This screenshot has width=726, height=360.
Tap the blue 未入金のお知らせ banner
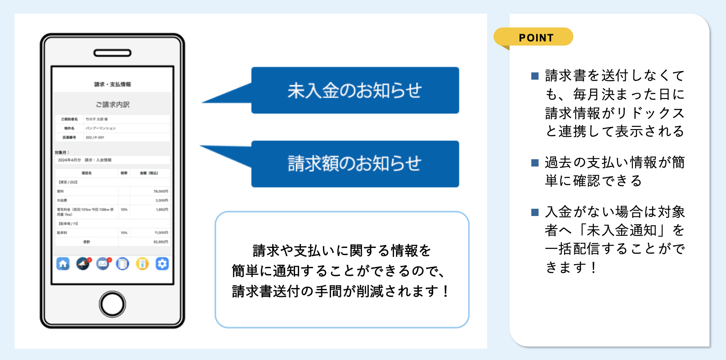point(355,90)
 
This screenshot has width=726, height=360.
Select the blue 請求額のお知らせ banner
point(355,164)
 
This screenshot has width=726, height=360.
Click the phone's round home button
point(112,304)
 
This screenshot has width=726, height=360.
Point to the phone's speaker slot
point(112,53)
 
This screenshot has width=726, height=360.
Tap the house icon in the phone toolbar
point(63,264)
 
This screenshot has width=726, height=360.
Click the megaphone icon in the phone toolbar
point(83,264)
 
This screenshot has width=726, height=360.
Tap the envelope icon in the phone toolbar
point(103,264)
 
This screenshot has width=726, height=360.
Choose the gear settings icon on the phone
point(162,264)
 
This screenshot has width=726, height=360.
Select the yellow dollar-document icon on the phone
point(142,264)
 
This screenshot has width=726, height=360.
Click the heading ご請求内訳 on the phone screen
point(112,104)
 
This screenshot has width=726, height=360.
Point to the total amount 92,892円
point(161,242)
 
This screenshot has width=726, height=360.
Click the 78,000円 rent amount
point(161,191)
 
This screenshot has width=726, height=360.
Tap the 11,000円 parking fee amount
point(161,233)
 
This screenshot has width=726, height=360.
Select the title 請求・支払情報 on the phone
point(112,84)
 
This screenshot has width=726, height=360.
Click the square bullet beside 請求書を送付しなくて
point(535,76)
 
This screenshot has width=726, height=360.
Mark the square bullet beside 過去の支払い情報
point(535,162)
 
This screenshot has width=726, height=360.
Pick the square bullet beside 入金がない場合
point(535,212)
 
